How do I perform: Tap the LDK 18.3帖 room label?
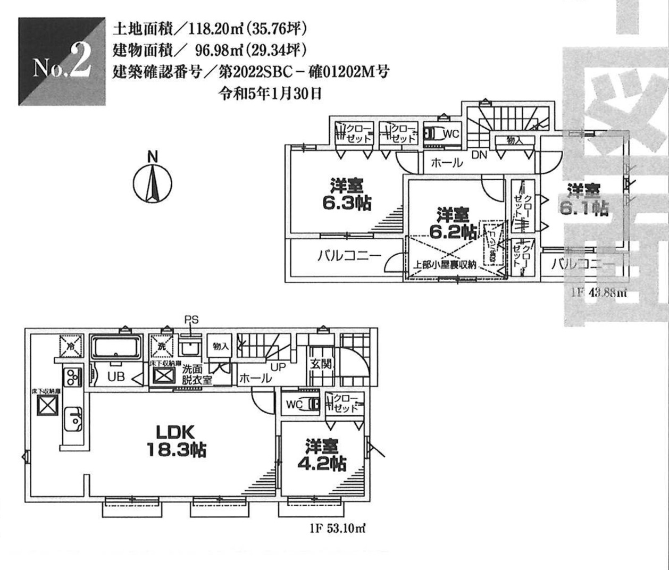coord(176,441)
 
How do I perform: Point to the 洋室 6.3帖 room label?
coord(347,195)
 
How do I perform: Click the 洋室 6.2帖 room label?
coord(453,224)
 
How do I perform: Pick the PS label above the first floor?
coord(191,320)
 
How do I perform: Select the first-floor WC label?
coord(294,405)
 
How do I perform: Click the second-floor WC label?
coord(450,135)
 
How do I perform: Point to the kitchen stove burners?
coord(72,378)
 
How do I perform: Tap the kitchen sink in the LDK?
coord(72,418)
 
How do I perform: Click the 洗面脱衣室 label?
coord(197,374)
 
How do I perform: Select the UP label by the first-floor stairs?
coord(278,367)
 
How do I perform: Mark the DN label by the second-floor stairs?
coord(479,155)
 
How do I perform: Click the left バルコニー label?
coord(349,256)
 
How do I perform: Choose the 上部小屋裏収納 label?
coord(445,265)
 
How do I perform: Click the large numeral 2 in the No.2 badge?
coord(80,63)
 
